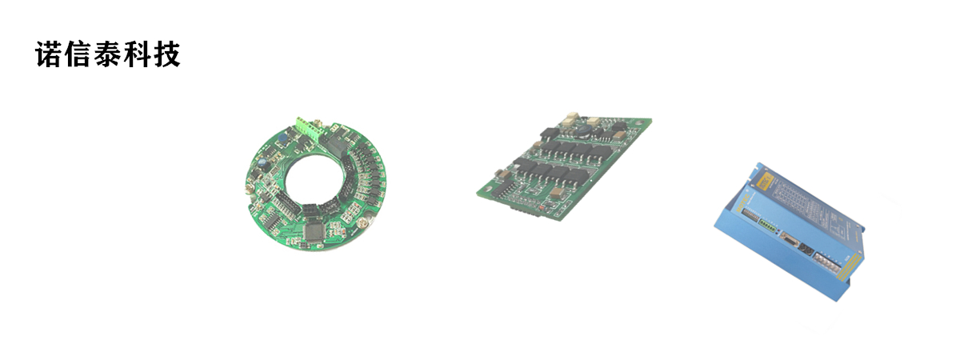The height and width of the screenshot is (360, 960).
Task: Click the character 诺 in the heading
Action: point(50,54)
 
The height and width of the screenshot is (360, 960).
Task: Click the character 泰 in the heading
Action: point(108,54)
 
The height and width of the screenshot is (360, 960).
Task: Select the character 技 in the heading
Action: point(166,54)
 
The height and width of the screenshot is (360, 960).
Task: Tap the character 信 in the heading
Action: point(79,54)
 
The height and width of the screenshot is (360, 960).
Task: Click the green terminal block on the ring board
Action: point(309,130)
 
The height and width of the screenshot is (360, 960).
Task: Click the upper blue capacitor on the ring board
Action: point(282,138)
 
